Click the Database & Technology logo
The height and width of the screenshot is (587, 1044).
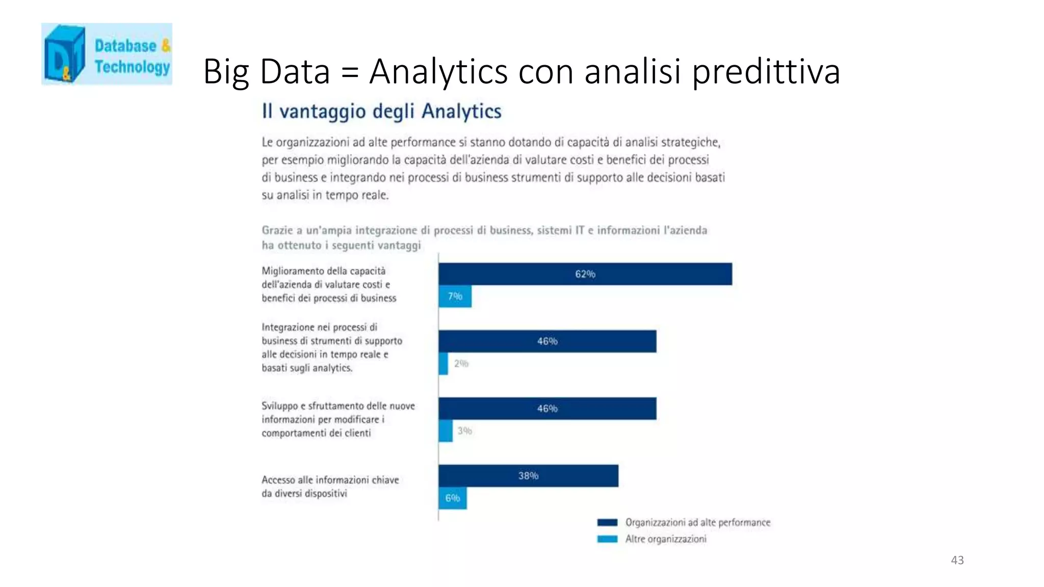click(x=107, y=54)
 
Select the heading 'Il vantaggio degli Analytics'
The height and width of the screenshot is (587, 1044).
click(x=381, y=111)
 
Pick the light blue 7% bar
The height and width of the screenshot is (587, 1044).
click(x=455, y=297)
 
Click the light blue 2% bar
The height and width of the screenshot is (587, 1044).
click(x=443, y=364)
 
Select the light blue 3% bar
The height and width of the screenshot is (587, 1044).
click(x=446, y=431)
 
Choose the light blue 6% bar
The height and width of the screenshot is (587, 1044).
click(x=453, y=498)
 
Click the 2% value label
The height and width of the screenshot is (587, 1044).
click(x=461, y=364)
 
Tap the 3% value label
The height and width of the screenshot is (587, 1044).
click(x=465, y=431)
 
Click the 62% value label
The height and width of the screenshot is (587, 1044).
click(x=585, y=274)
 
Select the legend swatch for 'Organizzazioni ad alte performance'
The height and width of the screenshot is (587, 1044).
click(x=607, y=522)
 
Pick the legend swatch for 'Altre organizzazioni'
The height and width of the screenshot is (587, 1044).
click(x=607, y=539)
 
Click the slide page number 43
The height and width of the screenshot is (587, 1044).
click(x=957, y=561)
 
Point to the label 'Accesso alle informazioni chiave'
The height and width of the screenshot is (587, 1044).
click(x=330, y=480)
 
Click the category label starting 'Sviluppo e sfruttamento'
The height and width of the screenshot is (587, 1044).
click(x=338, y=419)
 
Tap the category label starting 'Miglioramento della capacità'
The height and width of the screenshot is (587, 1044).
click(x=329, y=284)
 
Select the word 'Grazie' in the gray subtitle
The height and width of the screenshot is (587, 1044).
click(x=277, y=230)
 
